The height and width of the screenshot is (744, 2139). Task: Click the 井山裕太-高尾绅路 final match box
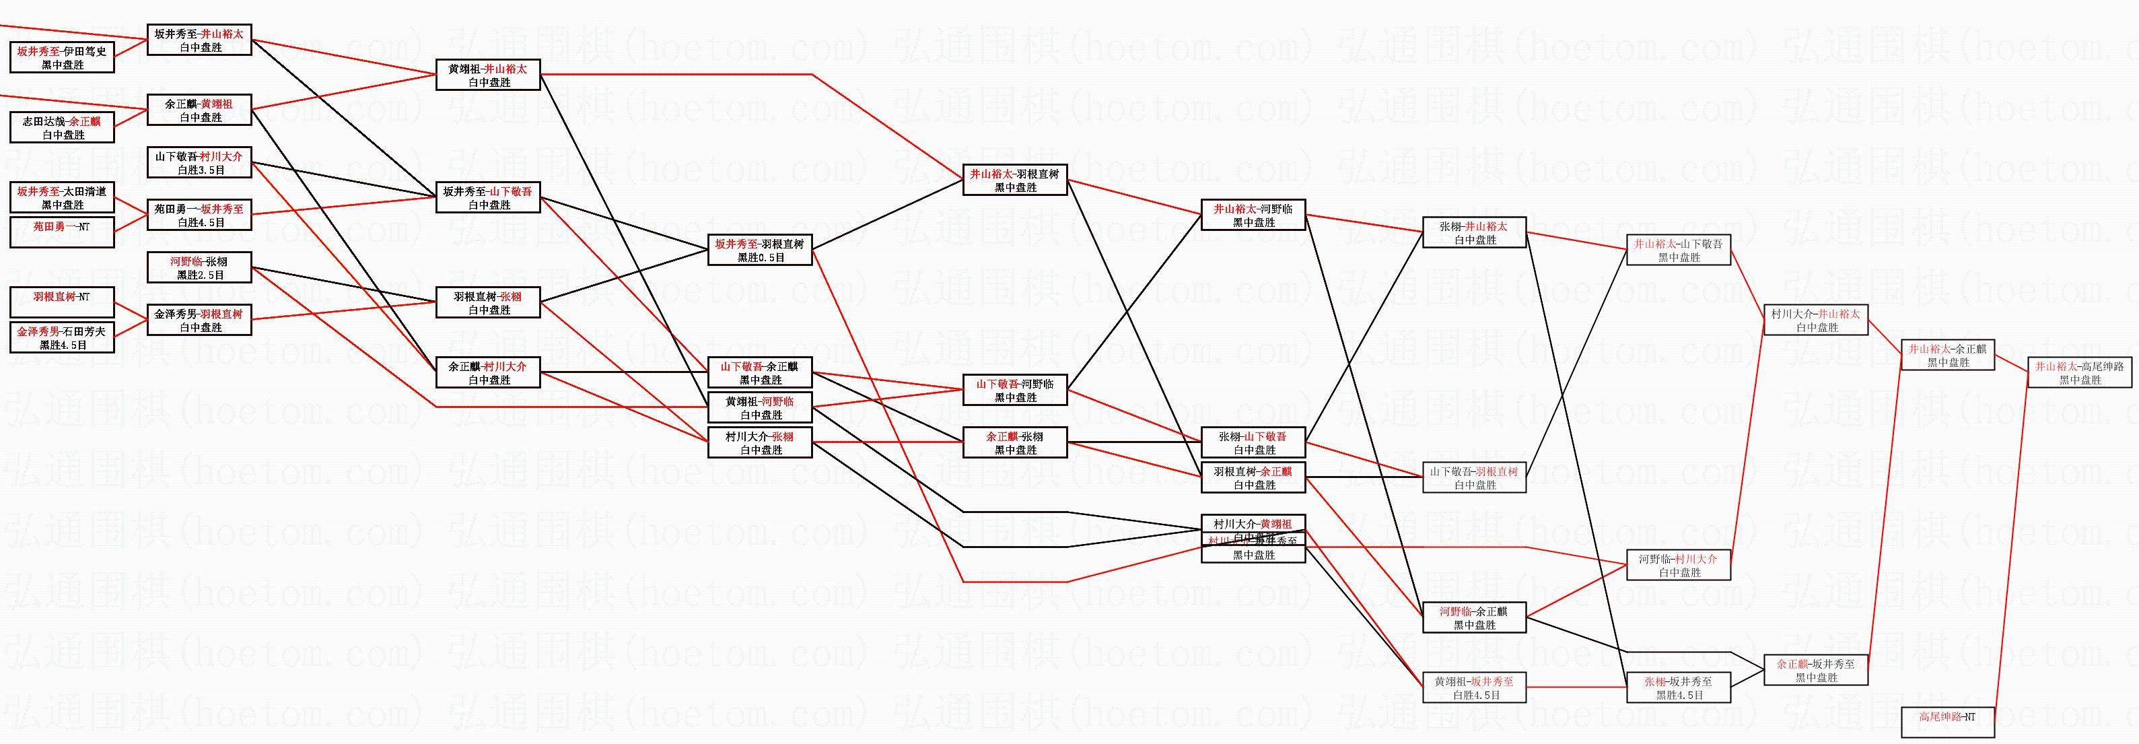[2080, 373]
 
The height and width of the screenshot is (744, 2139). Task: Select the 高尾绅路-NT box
[1947, 720]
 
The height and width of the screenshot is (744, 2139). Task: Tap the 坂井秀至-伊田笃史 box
[63, 57]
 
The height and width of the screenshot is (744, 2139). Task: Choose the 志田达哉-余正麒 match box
[63, 127]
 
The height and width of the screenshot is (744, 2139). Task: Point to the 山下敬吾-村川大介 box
[199, 163]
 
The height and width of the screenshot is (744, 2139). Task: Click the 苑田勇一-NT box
[63, 232]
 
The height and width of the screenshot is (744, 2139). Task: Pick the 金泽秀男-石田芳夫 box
[63, 337]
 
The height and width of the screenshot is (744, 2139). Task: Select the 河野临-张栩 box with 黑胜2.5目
[199, 267]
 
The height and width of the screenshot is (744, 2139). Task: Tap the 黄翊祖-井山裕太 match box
[488, 75]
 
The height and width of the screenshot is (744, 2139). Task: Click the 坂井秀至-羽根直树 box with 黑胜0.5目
[760, 250]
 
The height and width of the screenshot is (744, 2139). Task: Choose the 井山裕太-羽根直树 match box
[1015, 180]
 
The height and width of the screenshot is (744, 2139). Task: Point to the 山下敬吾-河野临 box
[1015, 391]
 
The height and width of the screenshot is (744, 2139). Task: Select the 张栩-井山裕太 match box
[1475, 232]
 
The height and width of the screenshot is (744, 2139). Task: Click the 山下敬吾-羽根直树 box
[1475, 477]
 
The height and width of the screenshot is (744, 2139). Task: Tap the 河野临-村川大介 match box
[1678, 565]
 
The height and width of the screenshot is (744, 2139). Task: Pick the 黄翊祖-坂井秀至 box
[1475, 687]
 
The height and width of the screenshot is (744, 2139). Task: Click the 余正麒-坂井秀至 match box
[1816, 670]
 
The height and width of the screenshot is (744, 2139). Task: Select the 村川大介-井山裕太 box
[1816, 320]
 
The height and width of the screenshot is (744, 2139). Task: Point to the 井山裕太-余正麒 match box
[1947, 356]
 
